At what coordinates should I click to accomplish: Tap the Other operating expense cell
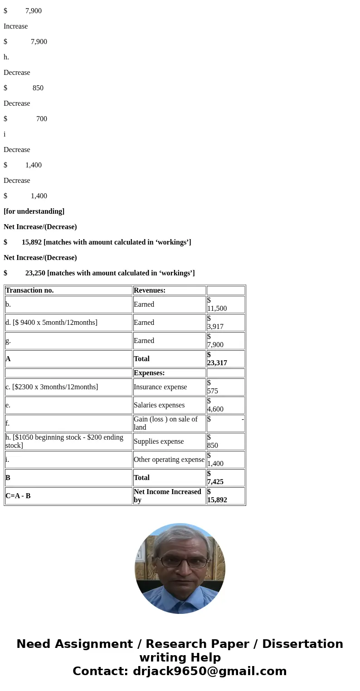[x=169, y=460]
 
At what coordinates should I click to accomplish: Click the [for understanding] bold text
[x=34, y=211]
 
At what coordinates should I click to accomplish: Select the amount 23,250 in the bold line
[x=35, y=273]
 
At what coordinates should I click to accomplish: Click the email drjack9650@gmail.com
[x=209, y=671]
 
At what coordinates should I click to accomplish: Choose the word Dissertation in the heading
[x=302, y=644]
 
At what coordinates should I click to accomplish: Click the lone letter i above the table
[x=5, y=134]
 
